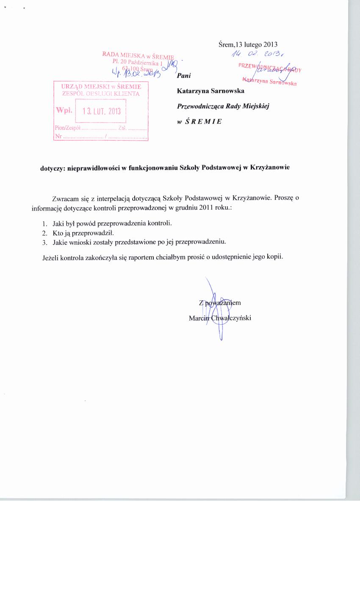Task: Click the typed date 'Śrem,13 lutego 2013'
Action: [248, 44]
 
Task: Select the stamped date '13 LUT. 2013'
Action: [102, 111]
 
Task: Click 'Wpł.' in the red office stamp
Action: [64, 110]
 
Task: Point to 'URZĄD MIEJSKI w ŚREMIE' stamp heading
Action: [101, 87]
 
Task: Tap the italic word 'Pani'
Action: [184, 76]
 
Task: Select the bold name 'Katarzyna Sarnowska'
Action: [210, 91]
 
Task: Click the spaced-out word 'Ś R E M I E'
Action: [204, 121]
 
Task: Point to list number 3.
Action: [44, 242]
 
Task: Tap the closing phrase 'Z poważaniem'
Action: [220, 302]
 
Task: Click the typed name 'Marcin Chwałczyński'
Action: [220, 318]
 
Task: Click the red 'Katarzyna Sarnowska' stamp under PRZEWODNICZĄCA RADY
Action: [269, 81]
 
